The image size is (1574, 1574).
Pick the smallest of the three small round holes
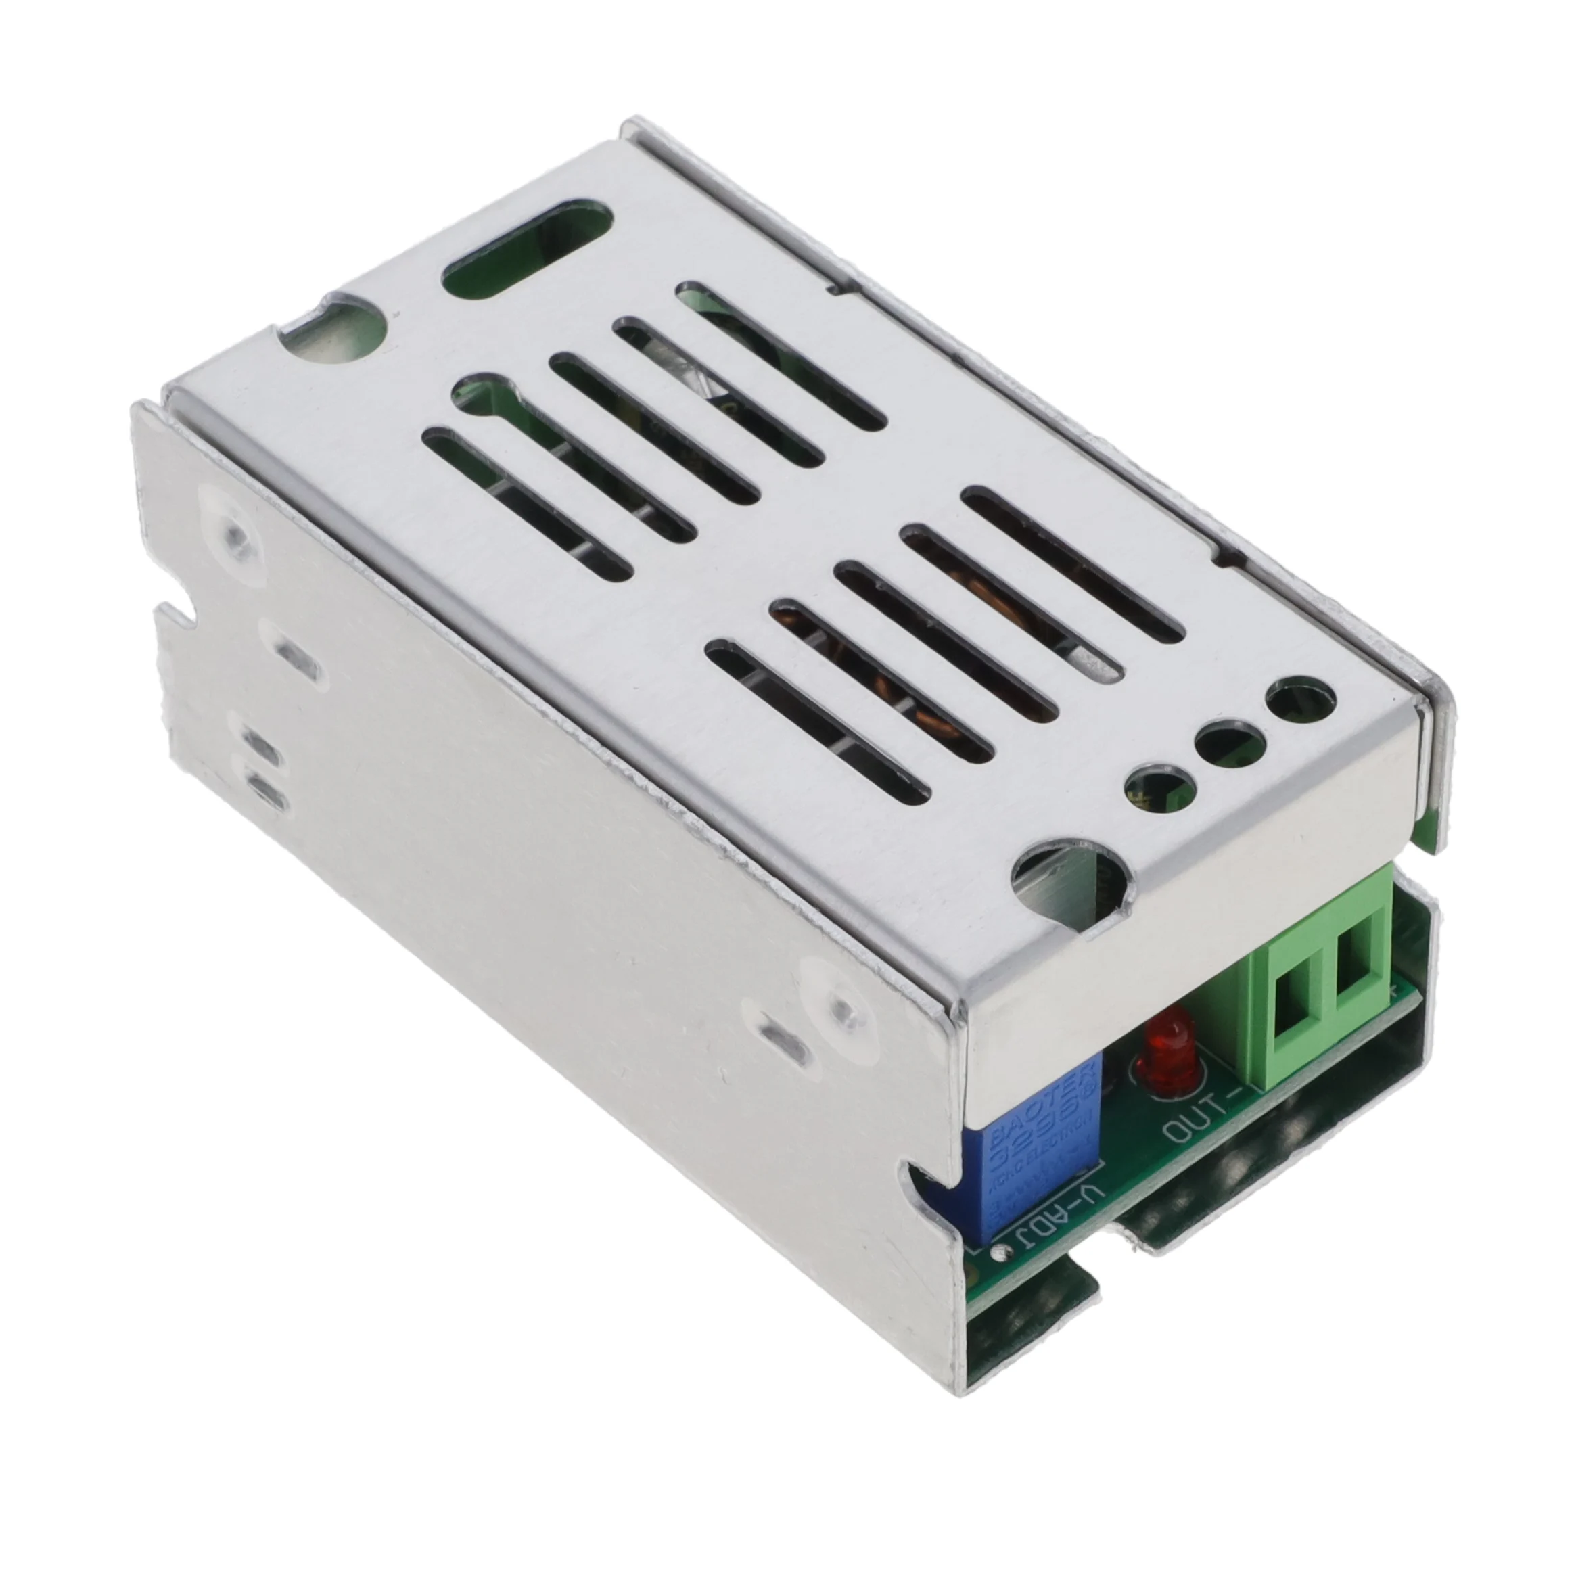pos(1155,788)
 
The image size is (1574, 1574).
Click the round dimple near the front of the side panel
pos(839,1002)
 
